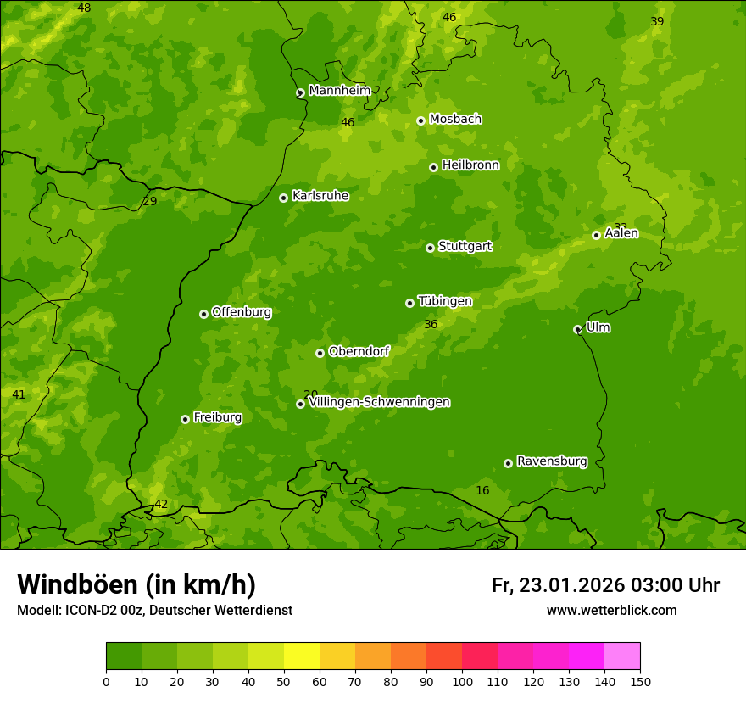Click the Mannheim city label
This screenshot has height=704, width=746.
pos(339,91)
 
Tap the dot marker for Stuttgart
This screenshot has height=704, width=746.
pos(430,248)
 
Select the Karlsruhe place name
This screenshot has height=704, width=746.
pos(320,196)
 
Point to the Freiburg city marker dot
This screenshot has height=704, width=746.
pos(185,419)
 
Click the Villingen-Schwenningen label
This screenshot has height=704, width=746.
pos(379,402)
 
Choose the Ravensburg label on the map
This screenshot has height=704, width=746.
pos(552,461)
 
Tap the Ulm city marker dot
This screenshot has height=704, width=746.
pos(577,329)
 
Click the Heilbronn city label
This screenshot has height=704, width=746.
pos(470,165)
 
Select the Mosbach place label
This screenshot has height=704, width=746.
pos(455,120)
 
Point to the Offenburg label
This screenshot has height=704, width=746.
pos(242,312)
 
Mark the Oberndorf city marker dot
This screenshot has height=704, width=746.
pos(320,353)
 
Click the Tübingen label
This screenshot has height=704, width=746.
pos(445,301)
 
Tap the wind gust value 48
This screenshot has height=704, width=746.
pos(84,8)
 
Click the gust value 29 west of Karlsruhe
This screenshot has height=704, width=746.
pos(150,202)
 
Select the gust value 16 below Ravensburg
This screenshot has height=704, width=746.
pos(482,491)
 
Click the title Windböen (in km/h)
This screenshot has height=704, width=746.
pos(136,584)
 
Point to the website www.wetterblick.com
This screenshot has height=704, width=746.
pos(611,610)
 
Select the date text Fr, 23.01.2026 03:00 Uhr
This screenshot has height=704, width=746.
pos(605,585)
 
